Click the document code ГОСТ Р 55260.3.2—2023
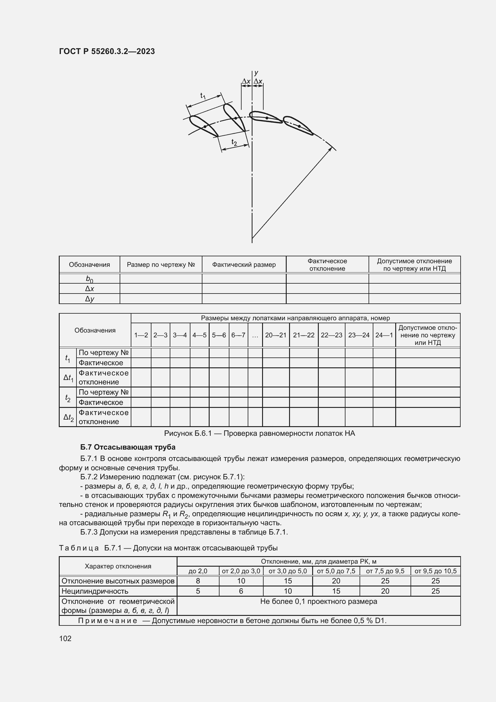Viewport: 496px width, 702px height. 107,51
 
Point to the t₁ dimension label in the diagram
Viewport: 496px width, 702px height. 203,96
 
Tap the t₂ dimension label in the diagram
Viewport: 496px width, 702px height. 234,142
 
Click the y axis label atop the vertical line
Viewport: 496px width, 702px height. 256,73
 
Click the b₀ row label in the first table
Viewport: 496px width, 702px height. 89,279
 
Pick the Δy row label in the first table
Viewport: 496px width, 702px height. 89,299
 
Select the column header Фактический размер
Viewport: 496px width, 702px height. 244,265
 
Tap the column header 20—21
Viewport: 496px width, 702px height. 276,335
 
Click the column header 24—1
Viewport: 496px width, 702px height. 384,335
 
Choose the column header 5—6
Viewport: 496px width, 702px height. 219,335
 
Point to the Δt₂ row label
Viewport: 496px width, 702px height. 68,417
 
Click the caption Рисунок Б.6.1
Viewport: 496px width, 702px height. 259,433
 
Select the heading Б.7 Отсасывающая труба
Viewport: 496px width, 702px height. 128,447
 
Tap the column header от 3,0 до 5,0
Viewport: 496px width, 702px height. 288,571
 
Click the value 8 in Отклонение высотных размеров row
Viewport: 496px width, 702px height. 198,581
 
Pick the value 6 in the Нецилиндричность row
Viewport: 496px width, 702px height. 241,591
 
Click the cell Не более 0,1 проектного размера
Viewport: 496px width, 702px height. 318,602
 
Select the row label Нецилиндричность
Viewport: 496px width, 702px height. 95,591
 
